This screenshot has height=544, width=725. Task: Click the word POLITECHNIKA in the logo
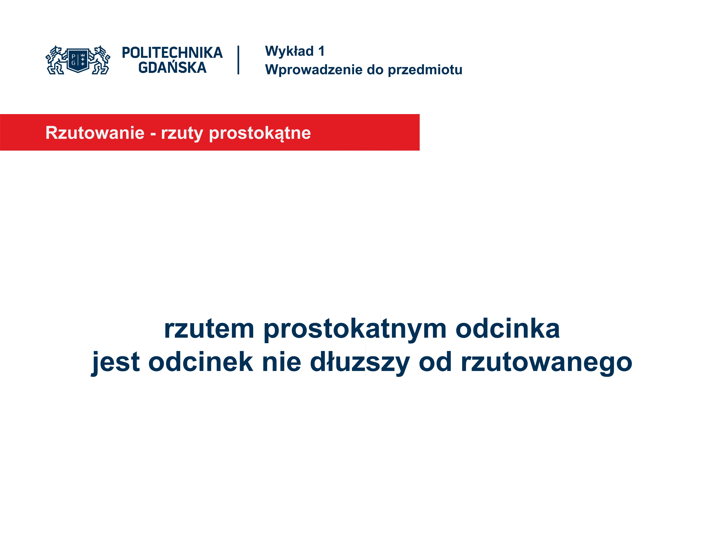[x=172, y=53]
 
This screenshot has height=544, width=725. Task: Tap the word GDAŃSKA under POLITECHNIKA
[x=172, y=68]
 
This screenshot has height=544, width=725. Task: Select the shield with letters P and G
[x=78, y=60]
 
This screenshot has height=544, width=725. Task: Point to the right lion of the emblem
[x=100, y=60]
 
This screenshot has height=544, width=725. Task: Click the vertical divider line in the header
[x=238, y=60]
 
